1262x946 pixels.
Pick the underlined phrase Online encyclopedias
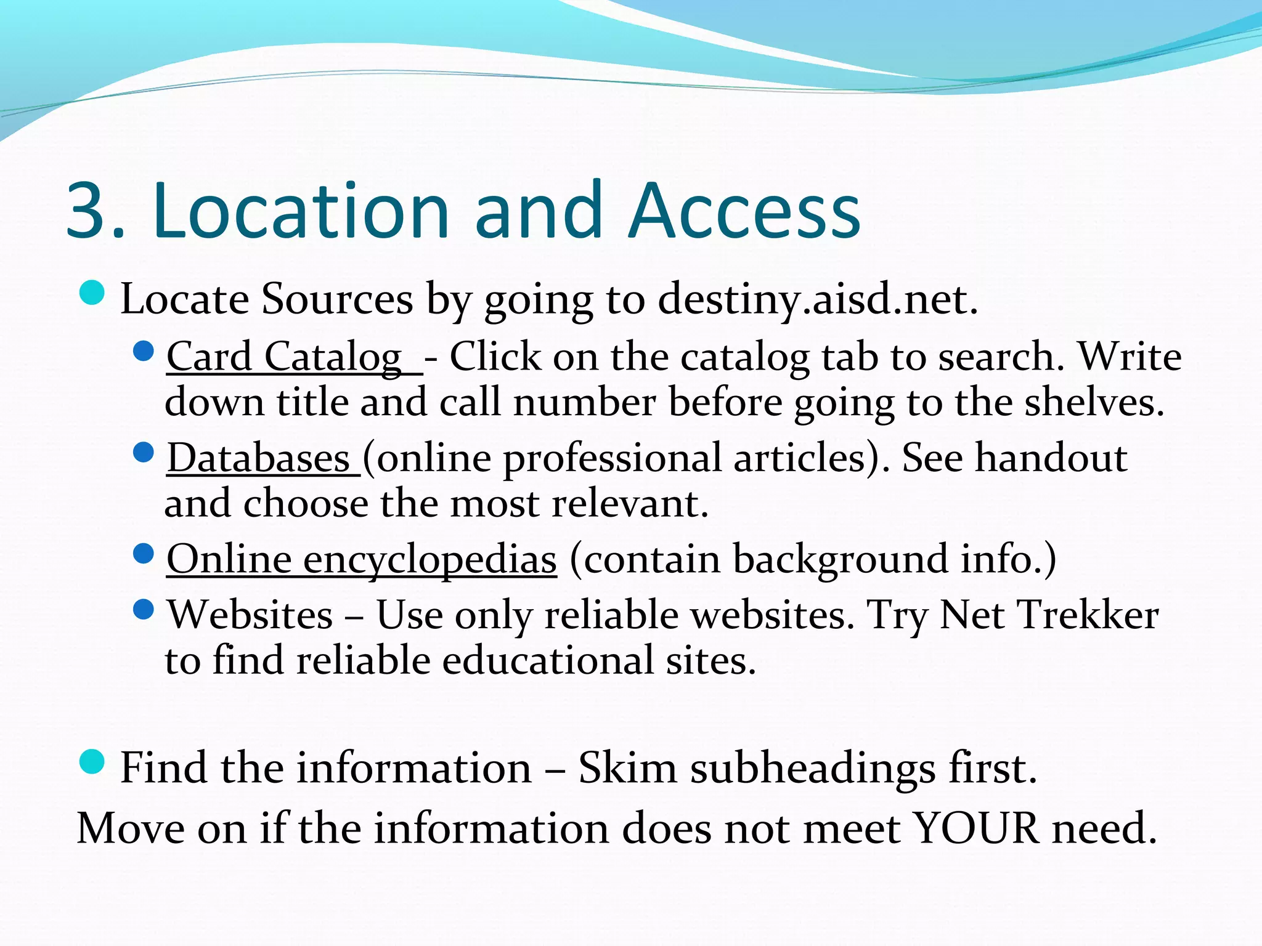[x=362, y=560]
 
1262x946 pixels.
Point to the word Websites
[x=250, y=615]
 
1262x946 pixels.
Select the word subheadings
[x=813, y=769]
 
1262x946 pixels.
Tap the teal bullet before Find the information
[x=92, y=762]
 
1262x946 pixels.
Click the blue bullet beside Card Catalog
[x=143, y=352]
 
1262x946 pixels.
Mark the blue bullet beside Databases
[x=143, y=453]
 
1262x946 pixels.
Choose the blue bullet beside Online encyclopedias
[x=143, y=554]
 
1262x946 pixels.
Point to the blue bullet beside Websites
[x=143, y=610]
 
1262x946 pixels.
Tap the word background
[x=841, y=560]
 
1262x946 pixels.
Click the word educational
[x=547, y=661]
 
